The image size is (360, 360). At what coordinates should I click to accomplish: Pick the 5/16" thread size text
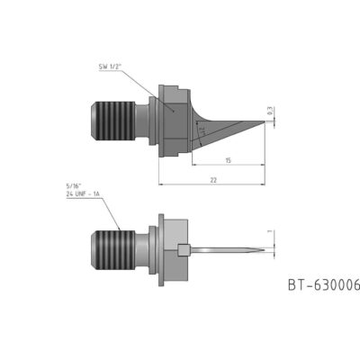point(75,186)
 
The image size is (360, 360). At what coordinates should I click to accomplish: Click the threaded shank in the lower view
point(114,249)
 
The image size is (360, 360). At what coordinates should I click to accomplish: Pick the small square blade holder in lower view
point(185,250)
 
